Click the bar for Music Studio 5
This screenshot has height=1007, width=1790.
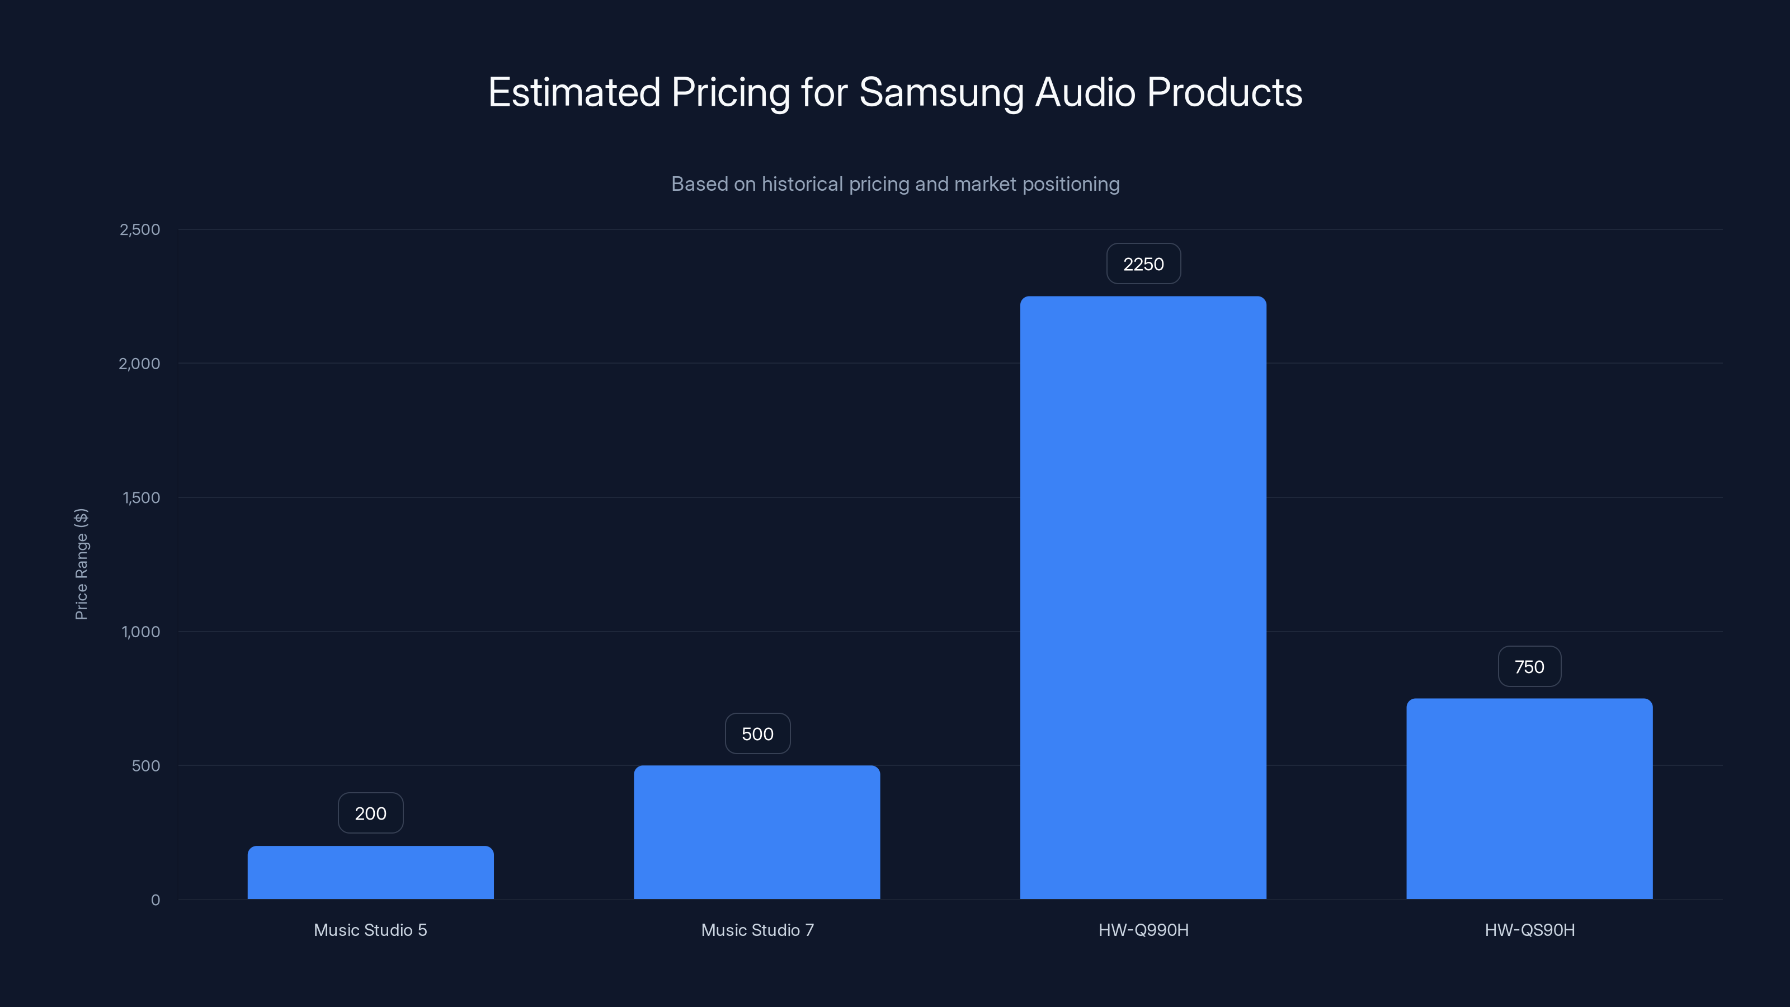pyautogui.click(x=370, y=872)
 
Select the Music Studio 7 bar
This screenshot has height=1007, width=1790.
pyautogui.click(x=757, y=832)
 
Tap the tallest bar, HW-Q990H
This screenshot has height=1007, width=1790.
pyautogui.click(x=1143, y=597)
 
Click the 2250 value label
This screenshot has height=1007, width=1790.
pyautogui.click(x=1143, y=264)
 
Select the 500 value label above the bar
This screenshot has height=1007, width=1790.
pyautogui.click(x=757, y=734)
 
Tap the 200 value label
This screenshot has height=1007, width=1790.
pyautogui.click(x=370, y=813)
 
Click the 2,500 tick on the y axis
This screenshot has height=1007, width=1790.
pyautogui.click(x=140, y=229)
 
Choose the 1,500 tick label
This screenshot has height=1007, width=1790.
pyautogui.click(x=141, y=497)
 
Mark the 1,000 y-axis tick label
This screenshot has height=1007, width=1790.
pyautogui.click(x=140, y=632)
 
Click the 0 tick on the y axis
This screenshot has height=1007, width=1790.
pyautogui.click(x=156, y=900)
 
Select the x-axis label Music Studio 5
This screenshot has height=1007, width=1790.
pyautogui.click(x=370, y=930)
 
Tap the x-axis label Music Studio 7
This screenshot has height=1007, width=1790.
pyautogui.click(x=757, y=930)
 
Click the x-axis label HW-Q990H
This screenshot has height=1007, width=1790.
pyautogui.click(x=1143, y=930)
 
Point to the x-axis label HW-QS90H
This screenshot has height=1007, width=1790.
pyautogui.click(x=1529, y=930)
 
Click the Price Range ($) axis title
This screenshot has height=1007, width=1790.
pyautogui.click(x=81, y=563)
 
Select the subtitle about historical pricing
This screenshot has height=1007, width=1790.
pyautogui.click(x=895, y=184)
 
